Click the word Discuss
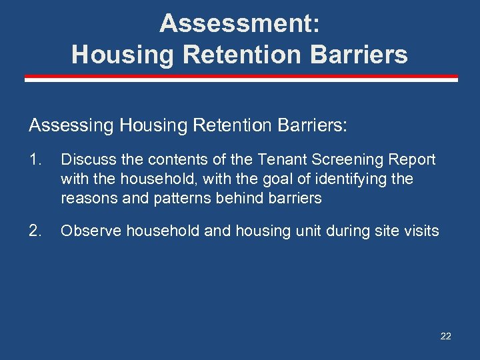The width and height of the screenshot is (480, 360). [84, 160]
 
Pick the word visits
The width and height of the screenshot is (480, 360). [421, 231]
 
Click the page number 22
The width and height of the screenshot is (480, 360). [445, 336]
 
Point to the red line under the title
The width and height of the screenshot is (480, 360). [241, 79]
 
